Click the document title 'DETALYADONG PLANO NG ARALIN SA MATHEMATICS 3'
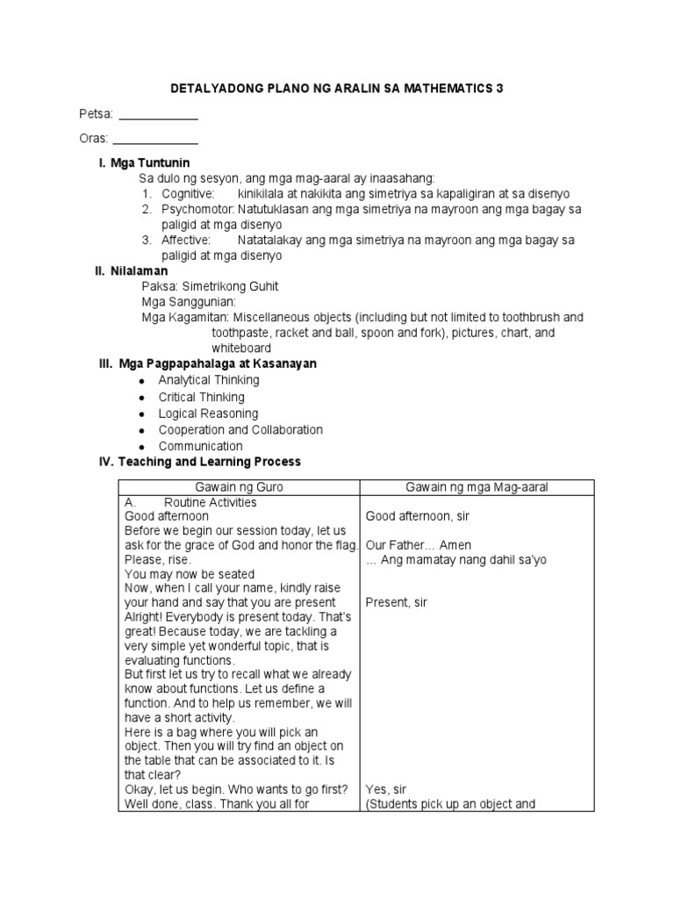coord(336,89)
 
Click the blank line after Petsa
coord(158,117)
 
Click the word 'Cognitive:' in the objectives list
coord(187,193)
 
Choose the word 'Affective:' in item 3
coord(186,240)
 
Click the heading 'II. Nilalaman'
coord(131,271)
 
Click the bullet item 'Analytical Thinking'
coord(209,380)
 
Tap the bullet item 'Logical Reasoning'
coord(208,414)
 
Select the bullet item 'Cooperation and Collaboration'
coord(240,430)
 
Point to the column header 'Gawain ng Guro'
coord(240,487)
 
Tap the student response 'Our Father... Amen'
coord(415,545)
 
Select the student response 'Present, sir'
coord(396,603)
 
